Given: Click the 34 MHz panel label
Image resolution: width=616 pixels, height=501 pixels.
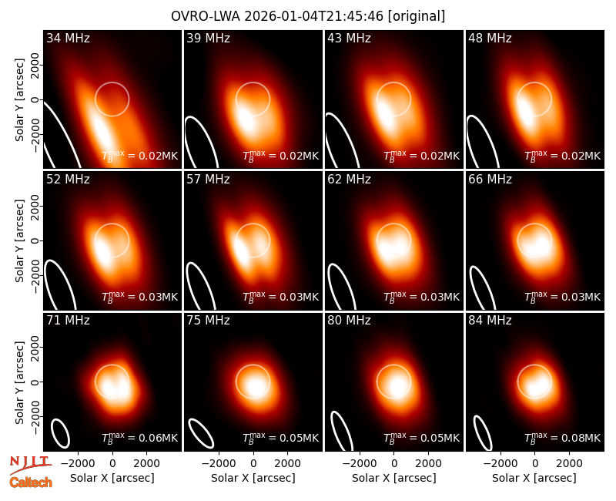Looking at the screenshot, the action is pos(68,38).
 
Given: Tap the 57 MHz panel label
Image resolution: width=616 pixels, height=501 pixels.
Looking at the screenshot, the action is pos(208,180).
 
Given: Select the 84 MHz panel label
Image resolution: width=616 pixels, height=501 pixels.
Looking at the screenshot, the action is pos(490,321).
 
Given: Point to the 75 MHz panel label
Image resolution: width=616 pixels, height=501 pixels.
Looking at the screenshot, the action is pos(208,321).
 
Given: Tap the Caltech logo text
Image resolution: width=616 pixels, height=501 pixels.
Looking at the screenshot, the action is pos(31,483).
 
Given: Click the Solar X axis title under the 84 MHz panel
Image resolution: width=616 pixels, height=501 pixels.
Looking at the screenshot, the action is pos(534,478).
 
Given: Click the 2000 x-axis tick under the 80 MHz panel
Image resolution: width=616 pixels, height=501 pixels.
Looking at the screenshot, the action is pos(428,464).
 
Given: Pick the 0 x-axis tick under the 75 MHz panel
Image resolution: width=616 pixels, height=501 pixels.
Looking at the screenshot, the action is pos(253,464).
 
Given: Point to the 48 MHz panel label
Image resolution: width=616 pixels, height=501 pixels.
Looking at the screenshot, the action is pos(490,38).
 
